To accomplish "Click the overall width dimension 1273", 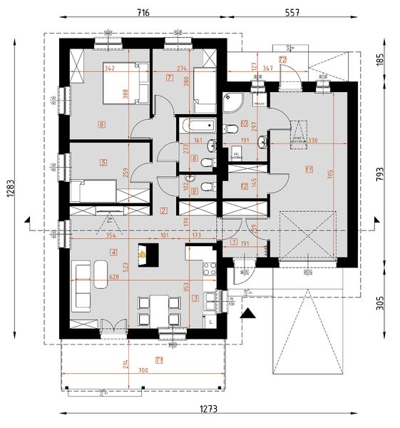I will [x=207, y=409].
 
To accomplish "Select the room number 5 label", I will [x=103, y=163].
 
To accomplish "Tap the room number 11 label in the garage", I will [x=309, y=169].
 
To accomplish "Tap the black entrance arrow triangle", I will [x=248, y=312].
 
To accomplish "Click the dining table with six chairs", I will [x=158, y=307].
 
